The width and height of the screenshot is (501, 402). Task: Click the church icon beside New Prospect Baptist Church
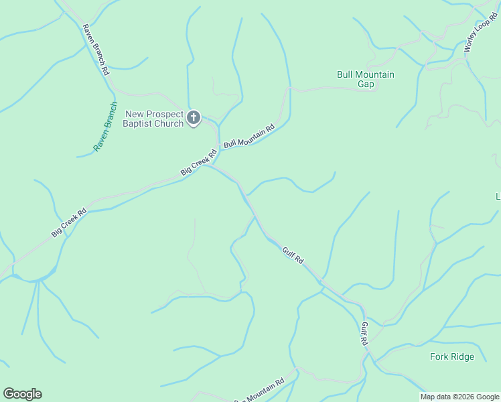point(194,119)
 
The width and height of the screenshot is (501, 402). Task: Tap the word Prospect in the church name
point(164,115)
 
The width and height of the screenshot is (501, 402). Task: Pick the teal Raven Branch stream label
point(105,127)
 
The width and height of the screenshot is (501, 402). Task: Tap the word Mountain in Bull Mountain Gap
point(374,75)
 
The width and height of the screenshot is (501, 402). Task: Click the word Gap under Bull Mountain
point(366,84)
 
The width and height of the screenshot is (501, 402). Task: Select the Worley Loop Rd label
point(478,36)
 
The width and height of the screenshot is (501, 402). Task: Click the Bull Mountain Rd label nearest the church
point(249,136)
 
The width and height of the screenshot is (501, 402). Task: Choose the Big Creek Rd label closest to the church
point(198,163)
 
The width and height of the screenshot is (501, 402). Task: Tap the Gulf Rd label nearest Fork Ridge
point(364,333)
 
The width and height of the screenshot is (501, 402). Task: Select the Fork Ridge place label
point(451,356)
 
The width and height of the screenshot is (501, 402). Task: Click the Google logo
point(22,393)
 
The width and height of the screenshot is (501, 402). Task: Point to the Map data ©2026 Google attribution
point(460,397)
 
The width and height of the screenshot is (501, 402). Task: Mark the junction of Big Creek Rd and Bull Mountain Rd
point(218,149)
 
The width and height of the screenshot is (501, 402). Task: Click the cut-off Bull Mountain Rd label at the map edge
point(260,390)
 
